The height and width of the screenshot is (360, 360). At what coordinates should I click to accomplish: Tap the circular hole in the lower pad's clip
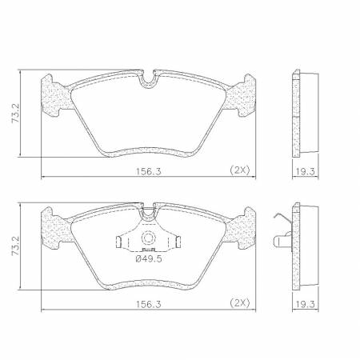coord(147,240)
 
